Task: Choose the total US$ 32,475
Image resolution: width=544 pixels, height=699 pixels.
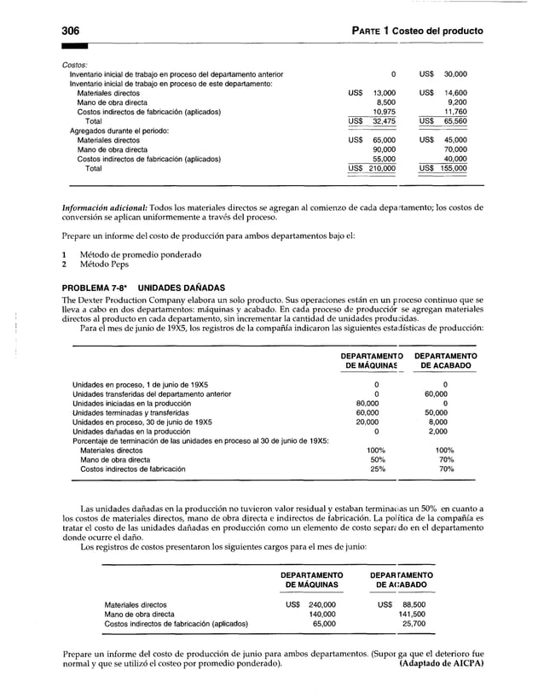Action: [x=373, y=121]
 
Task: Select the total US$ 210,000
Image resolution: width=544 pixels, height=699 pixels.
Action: [x=373, y=168]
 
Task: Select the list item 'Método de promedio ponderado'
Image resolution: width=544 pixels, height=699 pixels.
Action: [x=140, y=254]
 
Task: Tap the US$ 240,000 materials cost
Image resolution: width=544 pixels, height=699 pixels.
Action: [x=310, y=604]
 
